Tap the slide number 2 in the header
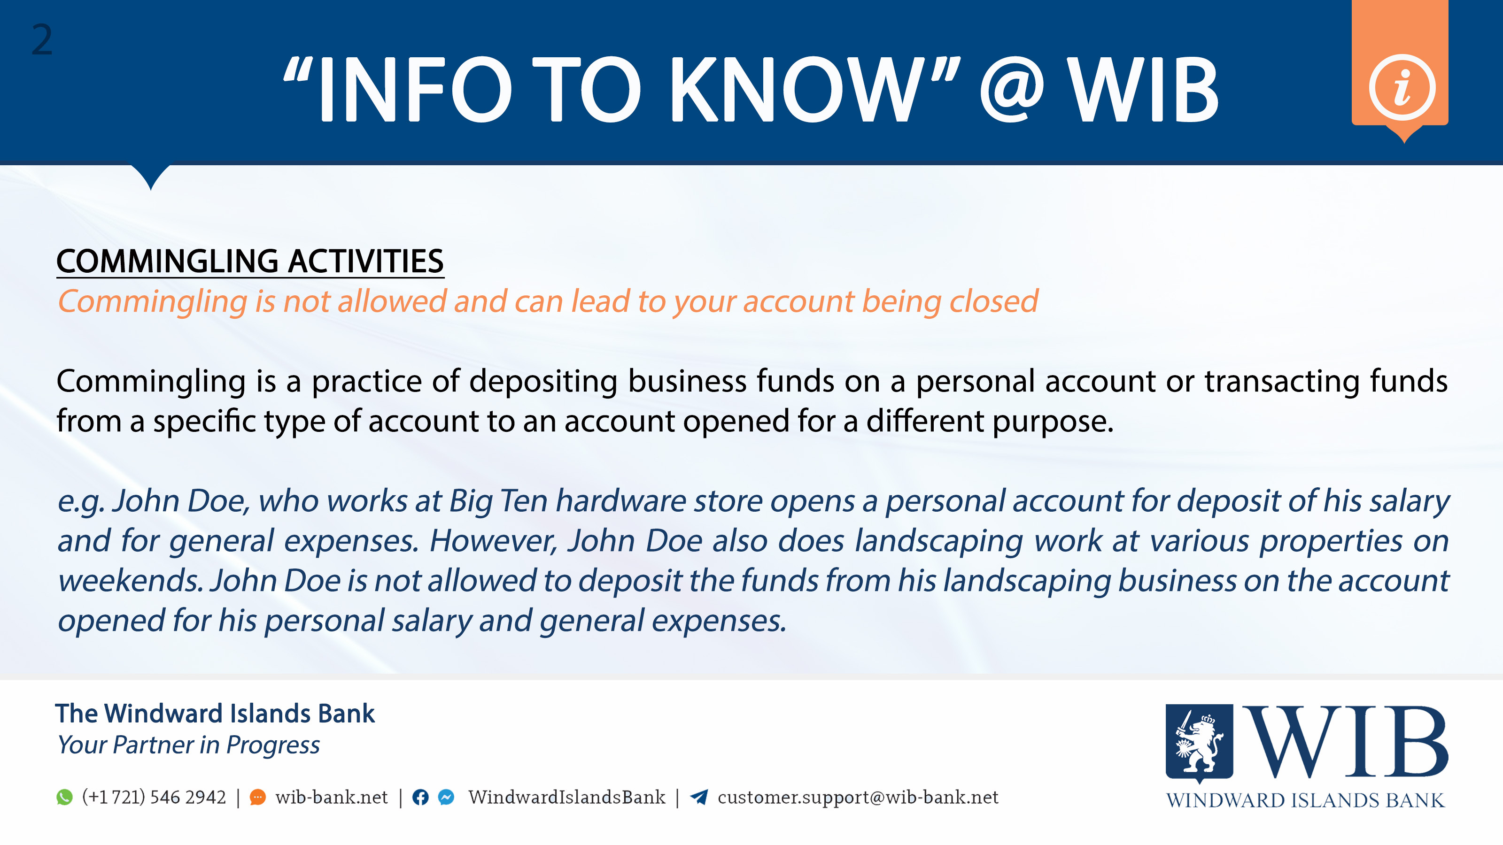(41, 40)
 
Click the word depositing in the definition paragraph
(542, 381)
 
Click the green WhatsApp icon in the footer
(65, 797)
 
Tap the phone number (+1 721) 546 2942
(154, 797)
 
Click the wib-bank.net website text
(332, 797)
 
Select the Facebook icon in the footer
(420, 797)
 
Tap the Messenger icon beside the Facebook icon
(446, 797)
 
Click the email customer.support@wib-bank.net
(858, 797)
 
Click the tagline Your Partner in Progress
(188, 745)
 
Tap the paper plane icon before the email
(699, 797)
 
